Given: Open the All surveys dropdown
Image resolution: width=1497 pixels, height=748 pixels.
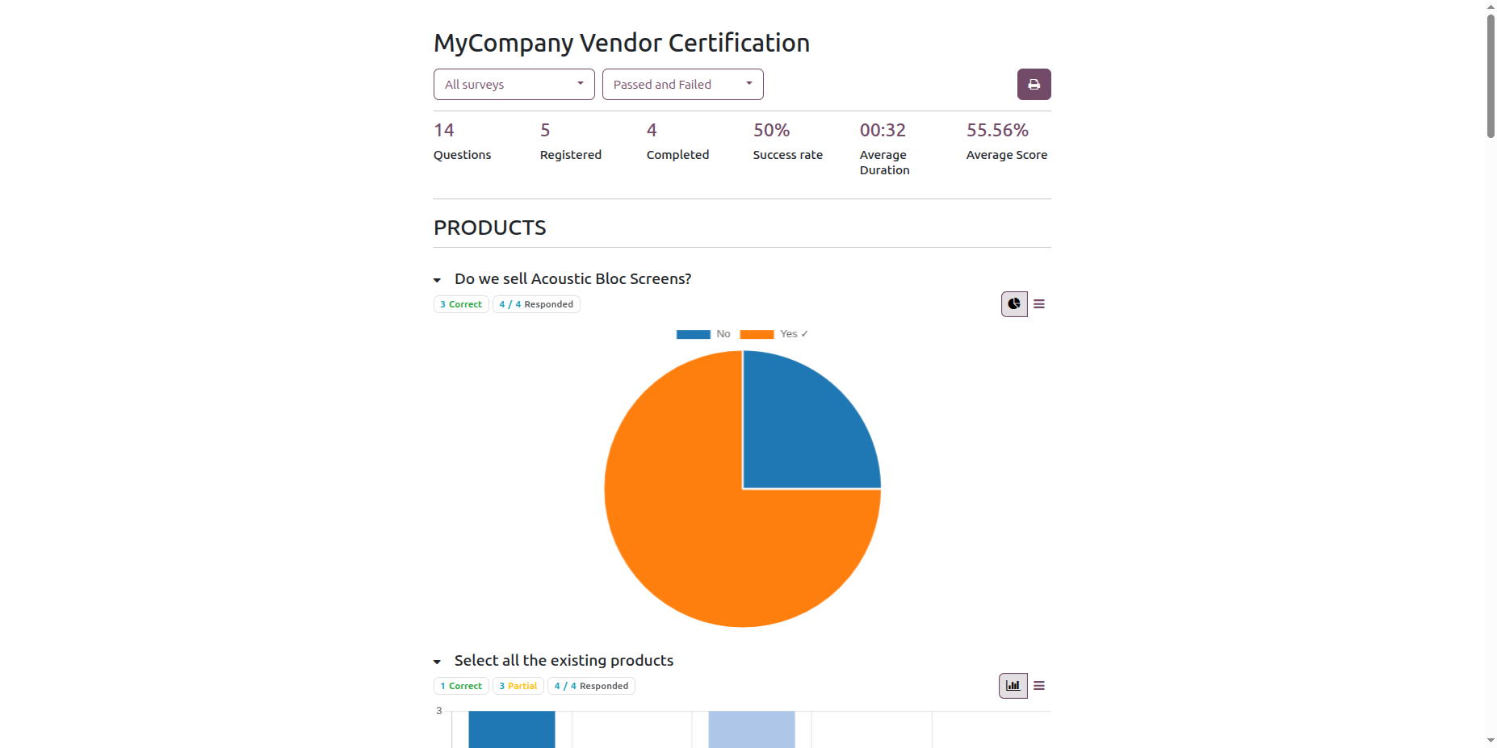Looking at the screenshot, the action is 514,85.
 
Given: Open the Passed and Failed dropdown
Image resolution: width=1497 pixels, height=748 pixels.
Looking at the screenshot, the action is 682,85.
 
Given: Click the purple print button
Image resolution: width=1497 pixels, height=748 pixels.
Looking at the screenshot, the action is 1034,85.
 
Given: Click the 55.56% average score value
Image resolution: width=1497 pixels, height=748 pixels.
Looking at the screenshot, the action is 997,130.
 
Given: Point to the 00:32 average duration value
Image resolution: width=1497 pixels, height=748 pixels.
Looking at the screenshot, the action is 883,130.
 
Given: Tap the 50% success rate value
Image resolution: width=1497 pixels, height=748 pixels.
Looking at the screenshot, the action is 771,130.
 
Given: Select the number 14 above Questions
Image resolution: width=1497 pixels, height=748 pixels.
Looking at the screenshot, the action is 444,130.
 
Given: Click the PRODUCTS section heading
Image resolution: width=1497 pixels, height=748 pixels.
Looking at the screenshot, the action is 490,228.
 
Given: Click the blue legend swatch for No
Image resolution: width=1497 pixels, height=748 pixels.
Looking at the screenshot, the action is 693,334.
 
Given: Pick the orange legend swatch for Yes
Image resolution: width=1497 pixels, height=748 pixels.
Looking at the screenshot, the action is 757,334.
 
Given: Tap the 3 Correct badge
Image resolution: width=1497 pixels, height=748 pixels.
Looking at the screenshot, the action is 461,304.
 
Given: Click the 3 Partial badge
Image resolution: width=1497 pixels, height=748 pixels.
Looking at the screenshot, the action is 518,686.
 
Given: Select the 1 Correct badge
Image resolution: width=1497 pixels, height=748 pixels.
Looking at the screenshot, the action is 461,686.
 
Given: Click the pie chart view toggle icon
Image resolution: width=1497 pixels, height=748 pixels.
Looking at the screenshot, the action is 1014,304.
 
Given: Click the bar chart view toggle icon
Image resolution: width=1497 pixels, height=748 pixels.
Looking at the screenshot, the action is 1013,686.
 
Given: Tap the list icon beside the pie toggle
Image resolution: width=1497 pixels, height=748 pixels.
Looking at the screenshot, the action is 1039,304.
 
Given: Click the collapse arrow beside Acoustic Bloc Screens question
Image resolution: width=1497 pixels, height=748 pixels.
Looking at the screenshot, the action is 437,280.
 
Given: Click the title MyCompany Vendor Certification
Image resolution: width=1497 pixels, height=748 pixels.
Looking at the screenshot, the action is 622,43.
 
